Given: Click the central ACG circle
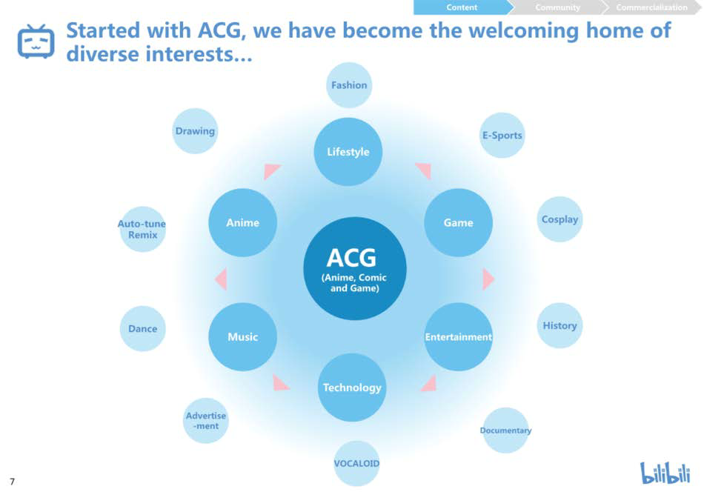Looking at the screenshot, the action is [355, 268].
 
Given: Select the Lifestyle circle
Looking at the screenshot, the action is [348, 152].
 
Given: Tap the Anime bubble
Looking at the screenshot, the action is [242, 222].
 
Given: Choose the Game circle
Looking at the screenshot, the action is [458, 222].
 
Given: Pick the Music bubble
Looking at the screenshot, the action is [242, 336].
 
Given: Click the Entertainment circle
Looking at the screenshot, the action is [458, 336].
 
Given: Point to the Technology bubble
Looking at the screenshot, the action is [352, 388].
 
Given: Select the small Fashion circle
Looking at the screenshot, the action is [349, 85].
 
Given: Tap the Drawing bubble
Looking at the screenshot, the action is [195, 131].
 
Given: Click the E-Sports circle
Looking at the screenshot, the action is [502, 135].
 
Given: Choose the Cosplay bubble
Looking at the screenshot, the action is [559, 219].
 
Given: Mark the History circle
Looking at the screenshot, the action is [559, 325].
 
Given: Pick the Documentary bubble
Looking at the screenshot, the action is [505, 430].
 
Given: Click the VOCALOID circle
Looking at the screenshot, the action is [356, 463].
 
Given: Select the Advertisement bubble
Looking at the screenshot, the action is [205, 421].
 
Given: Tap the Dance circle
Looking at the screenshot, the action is [143, 328].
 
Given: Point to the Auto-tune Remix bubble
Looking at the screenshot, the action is [142, 229].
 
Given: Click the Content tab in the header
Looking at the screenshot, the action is [462, 7].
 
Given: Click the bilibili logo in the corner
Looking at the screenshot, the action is [665, 473].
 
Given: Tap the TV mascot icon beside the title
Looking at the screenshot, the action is [36, 41].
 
